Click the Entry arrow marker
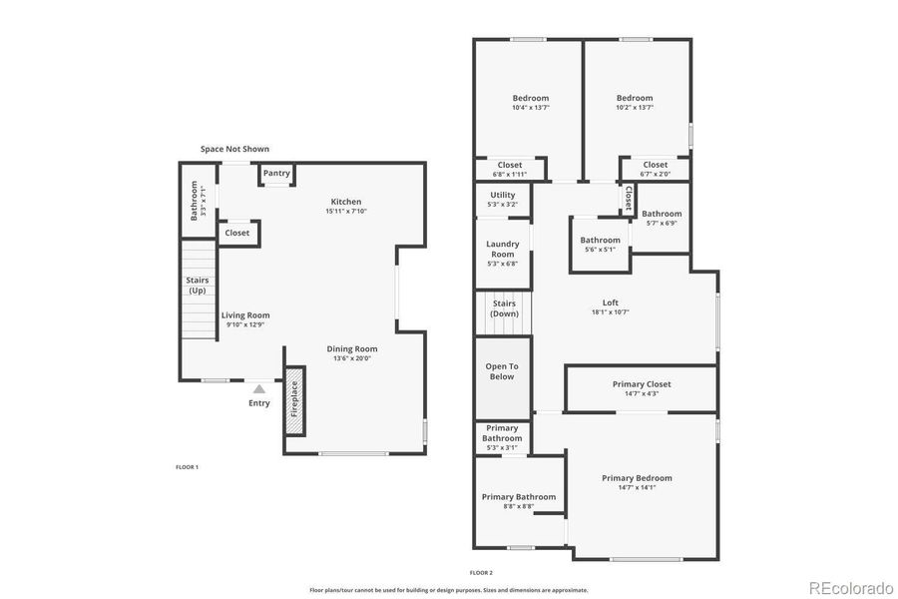pos(259,388)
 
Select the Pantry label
pos(276,173)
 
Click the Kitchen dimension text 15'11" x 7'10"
pos(346,212)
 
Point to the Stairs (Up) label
pos(198,285)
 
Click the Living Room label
pos(245,315)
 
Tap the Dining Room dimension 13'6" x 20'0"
pos(353,359)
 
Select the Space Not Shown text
pos(234,149)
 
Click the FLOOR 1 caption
pos(187,467)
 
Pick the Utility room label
pos(502,196)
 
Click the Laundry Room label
pos(502,249)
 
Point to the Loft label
pos(611,302)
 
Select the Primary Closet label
pos(642,384)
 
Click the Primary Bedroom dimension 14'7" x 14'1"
pos(637,487)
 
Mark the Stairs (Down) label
pos(504,308)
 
